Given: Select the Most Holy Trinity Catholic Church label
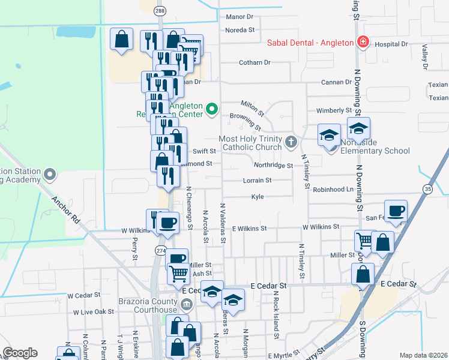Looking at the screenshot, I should coord(251,143).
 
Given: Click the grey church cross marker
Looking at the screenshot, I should coord(291,142).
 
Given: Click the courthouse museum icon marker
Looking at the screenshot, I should coord(187,304).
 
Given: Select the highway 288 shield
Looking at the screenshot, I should coord(159,11).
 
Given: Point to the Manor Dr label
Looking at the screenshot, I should coord(240,17).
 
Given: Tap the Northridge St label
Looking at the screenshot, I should coord(273,166).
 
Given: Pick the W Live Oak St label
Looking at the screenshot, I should coord(94,312).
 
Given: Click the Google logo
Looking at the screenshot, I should coord(20,353).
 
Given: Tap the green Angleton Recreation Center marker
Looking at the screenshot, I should coord(211,109).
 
